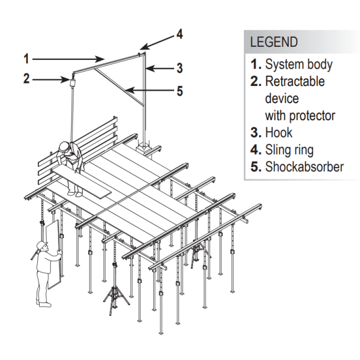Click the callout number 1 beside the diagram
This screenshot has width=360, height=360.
coord(26,59)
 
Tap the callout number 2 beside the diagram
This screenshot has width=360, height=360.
coord(26,78)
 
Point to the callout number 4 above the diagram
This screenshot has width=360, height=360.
coord(179,34)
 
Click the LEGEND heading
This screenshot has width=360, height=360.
coord(274,43)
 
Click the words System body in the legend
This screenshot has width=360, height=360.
coord(298,65)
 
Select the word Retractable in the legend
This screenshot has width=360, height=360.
coord(295,81)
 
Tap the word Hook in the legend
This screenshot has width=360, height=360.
coord(278,133)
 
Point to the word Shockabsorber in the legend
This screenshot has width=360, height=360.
coord(304,166)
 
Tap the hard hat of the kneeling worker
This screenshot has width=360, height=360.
coord(64,146)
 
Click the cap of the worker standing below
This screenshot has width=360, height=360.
coord(40,245)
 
